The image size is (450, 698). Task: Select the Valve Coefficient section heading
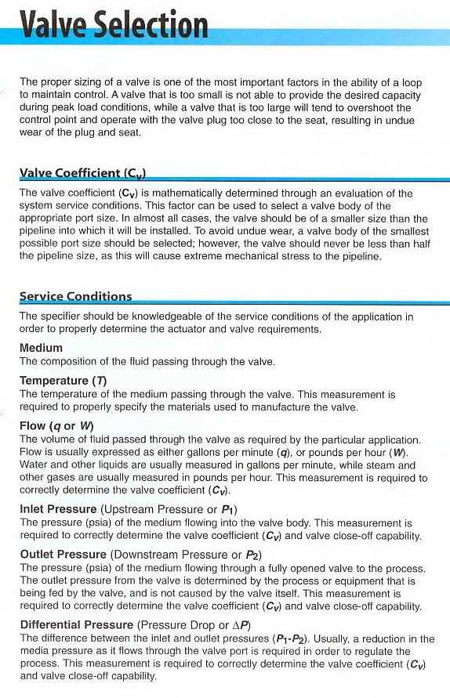click(x=82, y=173)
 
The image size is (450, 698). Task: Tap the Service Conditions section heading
click(x=75, y=296)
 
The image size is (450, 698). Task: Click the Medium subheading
click(x=41, y=348)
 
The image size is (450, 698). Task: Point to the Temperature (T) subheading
click(x=64, y=381)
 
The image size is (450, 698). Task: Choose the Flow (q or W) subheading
click(x=56, y=426)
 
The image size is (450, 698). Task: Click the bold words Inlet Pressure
click(x=58, y=509)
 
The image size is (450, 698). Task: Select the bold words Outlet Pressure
click(x=63, y=554)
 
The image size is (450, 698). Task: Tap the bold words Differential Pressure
click(x=76, y=624)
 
